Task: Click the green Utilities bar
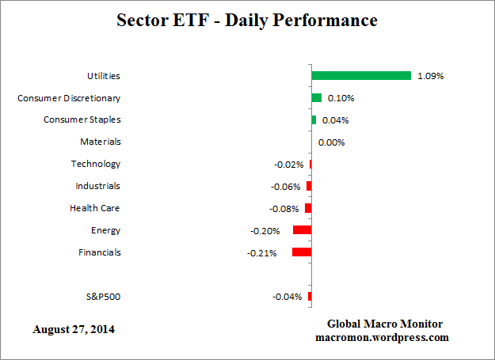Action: (361, 76)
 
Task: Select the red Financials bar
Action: (302, 252)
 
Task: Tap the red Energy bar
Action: (302, 230)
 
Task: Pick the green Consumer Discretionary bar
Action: (317, 98)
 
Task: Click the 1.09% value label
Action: (431, 77)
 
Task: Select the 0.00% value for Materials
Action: (331, 142)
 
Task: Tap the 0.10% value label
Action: (341, 99)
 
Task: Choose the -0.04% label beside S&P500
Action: (287, 297)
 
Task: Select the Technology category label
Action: (95, 164)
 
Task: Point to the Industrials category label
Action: (97, 186)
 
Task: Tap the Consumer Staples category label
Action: (82, 119)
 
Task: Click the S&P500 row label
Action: (103, 297)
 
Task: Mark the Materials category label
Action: (101, 142)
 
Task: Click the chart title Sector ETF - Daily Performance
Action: (247, 21)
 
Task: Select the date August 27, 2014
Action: (74, 328)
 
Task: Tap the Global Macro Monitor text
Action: (384, 324)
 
